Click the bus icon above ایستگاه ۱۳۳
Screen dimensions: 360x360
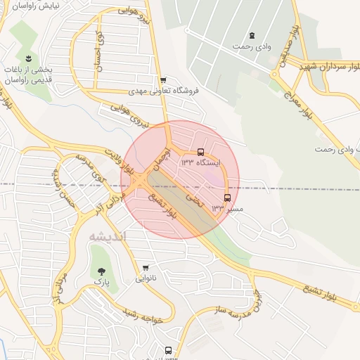(x=201, y=152)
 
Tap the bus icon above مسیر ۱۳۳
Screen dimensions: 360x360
(x=226, y=198)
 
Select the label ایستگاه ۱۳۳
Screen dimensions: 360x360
(x=200, y=162)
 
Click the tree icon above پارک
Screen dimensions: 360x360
(x=103, y=270)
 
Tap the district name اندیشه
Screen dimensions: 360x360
(x=107, y=237)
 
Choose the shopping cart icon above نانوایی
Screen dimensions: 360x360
(x=146, y=268)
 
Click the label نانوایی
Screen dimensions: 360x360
(x=146, y=278)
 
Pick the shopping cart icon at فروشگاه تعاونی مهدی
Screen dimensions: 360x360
(x=163, y=80)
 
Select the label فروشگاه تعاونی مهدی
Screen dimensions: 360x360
(x=163, y=91)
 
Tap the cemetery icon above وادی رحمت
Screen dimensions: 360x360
(x=252, y=35)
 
